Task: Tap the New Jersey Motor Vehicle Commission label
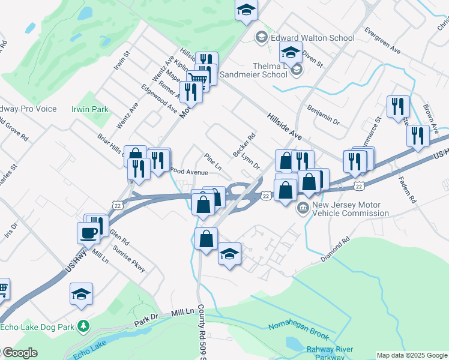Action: (350, 209)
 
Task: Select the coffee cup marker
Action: (88, 233)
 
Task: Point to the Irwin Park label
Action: (90, 109)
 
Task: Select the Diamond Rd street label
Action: (335, 250)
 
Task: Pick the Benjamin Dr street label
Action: (323, 114)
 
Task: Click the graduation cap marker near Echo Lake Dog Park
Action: (81, 294)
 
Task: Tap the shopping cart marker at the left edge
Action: (2, 290)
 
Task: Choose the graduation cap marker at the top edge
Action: (246, 10)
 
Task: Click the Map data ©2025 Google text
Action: (412, 355)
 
